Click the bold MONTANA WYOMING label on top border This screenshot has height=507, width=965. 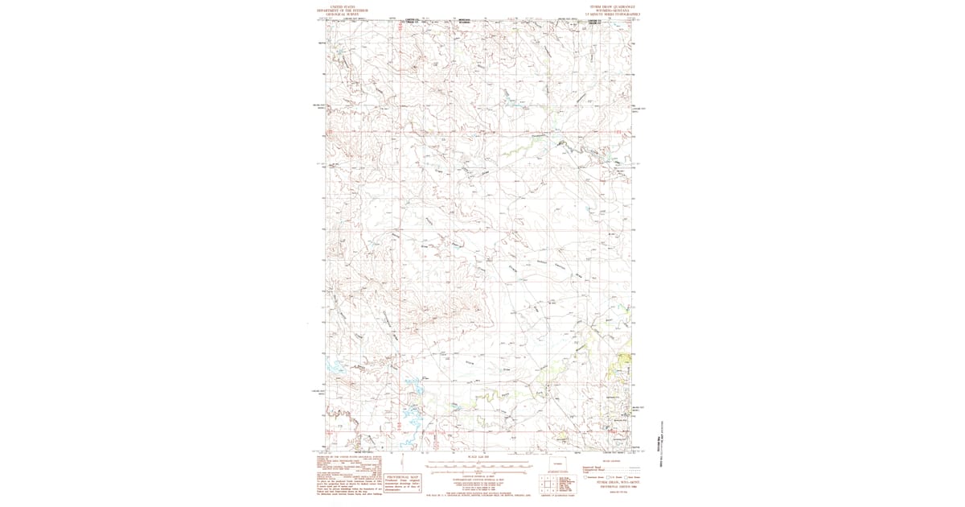466,22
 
